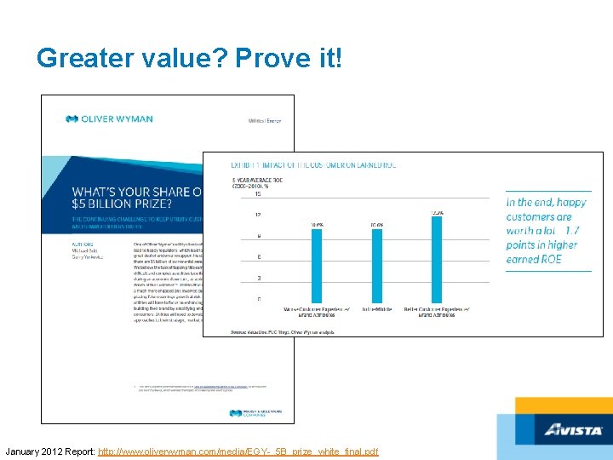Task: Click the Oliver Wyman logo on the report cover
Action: click(109, 119)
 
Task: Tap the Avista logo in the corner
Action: click(574, 429)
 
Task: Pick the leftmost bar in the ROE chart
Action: click(317, 265)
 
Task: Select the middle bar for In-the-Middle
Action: click(376, 265)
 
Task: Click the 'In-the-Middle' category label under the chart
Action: click(375, 308)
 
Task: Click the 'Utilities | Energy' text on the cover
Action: click(263, 121)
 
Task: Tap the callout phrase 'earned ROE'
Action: click(534, 259)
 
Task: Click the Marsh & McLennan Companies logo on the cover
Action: click(255, 412)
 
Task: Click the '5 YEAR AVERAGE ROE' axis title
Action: click(261, 181)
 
